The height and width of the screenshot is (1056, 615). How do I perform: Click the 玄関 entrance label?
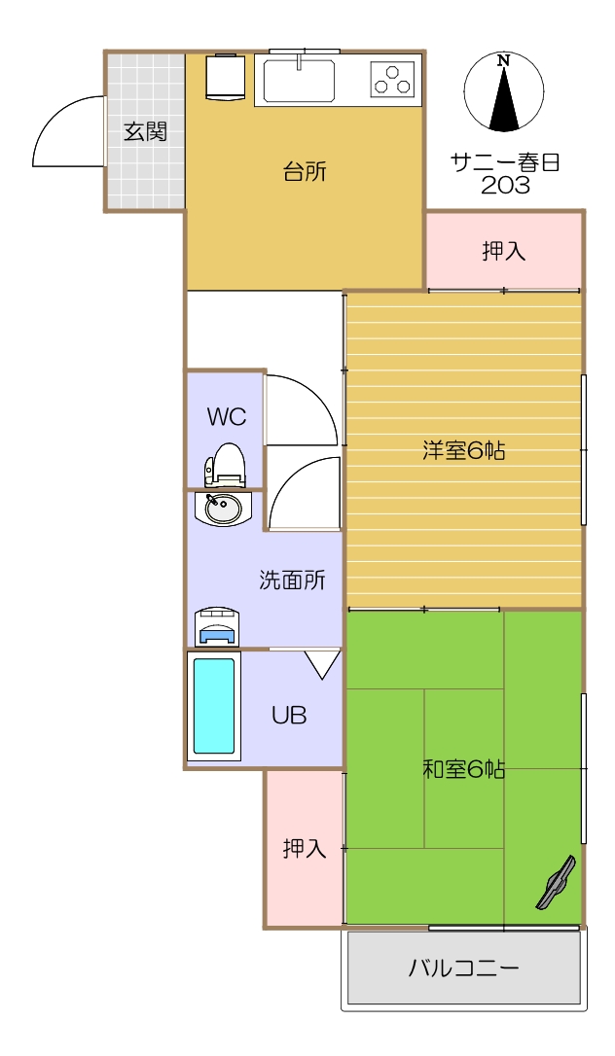click(145, 132)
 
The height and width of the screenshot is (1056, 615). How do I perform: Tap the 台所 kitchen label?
click(305, 172)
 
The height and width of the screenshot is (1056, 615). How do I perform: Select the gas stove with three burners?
click(391, 78)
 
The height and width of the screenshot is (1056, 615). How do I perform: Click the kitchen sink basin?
click(299, 80)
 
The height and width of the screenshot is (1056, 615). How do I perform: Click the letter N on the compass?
click(503, 61)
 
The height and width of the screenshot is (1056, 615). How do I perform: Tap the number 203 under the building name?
click(504, 185)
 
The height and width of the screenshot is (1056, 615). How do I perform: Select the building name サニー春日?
click(505, 163)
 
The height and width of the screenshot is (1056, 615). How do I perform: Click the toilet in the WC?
click(225, 465)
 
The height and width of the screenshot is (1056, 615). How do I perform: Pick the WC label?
click(227, 417)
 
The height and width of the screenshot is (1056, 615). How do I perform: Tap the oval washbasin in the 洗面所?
click(224, 510)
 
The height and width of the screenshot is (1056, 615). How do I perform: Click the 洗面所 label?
click(292, 580)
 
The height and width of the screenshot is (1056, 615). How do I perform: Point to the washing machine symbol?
click(217, 627)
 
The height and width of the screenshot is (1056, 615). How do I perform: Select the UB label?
click(289, 716)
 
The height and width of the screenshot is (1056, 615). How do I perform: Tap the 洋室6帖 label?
click(464, 450)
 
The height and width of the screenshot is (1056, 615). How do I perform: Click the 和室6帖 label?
click(464, 768)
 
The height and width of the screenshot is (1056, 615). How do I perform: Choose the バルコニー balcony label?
click(464, 968)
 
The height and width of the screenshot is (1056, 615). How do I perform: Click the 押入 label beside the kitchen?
click(504, 251)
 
